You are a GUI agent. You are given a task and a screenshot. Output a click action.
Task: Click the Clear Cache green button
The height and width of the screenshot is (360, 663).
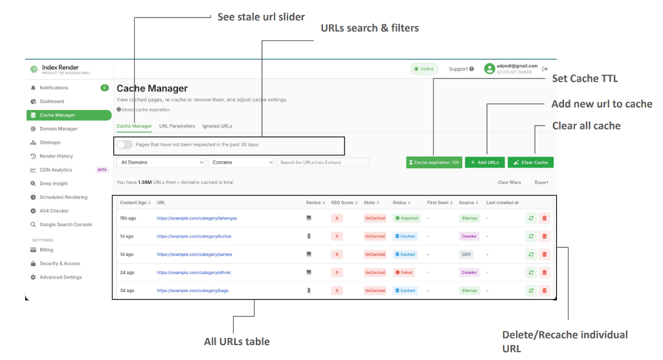[530, 163]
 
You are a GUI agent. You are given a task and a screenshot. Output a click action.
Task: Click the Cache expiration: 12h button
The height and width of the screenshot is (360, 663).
[434, 163]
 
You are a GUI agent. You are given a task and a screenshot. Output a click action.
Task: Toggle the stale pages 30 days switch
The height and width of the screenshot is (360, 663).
[125, 144]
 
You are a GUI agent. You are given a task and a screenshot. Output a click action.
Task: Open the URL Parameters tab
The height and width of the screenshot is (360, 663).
[177, 126]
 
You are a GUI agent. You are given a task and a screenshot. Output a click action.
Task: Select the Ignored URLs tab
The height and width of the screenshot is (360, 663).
[217, 126]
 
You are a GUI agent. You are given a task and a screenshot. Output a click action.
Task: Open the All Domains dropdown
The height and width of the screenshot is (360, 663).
[161, 163]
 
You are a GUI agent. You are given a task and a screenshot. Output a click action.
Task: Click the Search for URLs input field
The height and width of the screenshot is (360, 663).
[323, 163]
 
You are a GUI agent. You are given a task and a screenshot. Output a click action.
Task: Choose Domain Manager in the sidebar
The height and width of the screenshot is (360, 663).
[58, 129]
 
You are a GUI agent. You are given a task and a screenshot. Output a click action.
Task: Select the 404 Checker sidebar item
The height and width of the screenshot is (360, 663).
[54, 211]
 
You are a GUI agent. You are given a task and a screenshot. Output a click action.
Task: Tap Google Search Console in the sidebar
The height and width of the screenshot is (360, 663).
[65, 225]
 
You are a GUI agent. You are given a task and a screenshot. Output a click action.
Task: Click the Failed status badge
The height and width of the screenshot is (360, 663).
[404, 273]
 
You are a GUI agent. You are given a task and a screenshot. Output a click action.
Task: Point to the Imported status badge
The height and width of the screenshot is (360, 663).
[407, 218]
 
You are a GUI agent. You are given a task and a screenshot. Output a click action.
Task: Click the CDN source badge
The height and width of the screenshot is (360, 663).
[466, 254]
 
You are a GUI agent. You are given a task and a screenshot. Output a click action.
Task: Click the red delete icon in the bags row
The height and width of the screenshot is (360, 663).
[544, 291]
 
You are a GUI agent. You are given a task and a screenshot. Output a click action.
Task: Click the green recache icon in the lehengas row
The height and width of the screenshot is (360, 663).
[531, 218]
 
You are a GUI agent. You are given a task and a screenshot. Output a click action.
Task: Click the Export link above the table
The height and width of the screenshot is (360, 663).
[541, 183]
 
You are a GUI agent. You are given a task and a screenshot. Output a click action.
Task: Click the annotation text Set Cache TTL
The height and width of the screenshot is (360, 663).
[585, 78]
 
